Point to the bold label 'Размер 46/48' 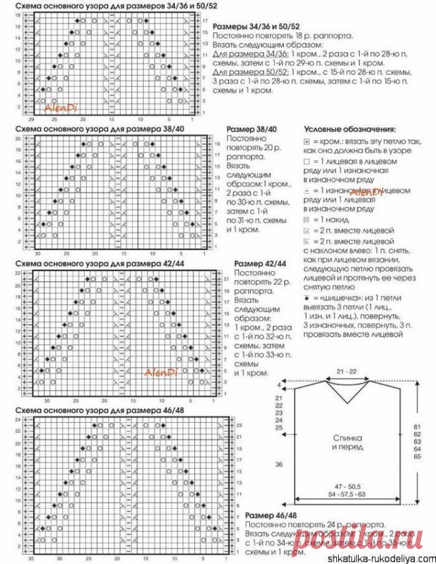[272, 515]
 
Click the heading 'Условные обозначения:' [349, 129]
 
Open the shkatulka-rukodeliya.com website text [382, 556]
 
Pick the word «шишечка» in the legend [338, 299]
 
